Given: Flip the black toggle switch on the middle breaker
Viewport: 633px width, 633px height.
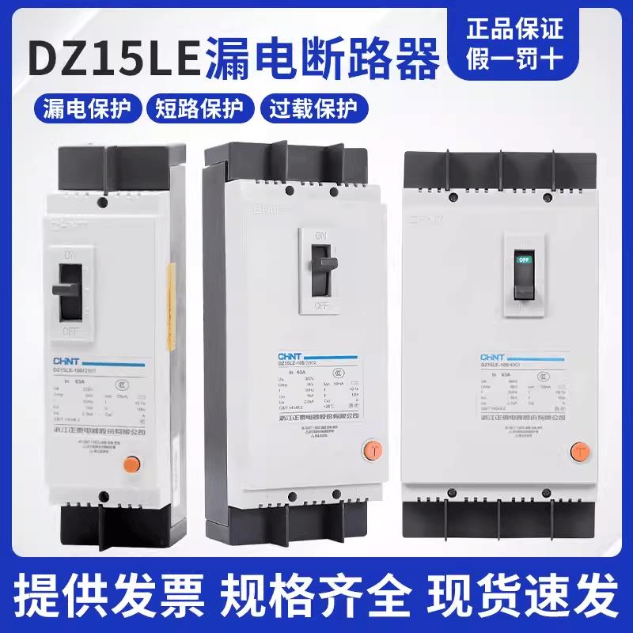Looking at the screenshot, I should (320, 265).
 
